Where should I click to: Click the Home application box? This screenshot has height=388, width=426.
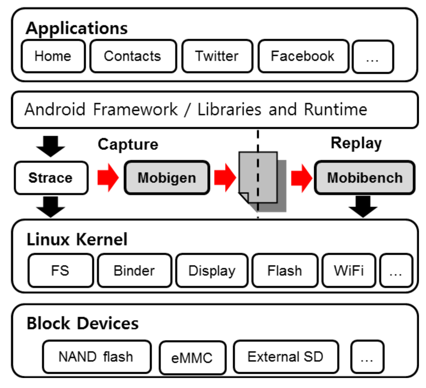point(53,56)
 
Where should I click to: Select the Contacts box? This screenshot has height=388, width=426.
point(133,56)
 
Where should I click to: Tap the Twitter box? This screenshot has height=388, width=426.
point(217,56)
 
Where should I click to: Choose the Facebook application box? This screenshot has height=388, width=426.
point(303,56)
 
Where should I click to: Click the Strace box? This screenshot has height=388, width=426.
point(51,178)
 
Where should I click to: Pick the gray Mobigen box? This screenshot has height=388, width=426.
point(167,178)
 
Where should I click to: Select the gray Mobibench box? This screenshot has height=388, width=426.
point(364,178)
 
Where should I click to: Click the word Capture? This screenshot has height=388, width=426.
point(128,145)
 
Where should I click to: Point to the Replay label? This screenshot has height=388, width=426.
point(356,143)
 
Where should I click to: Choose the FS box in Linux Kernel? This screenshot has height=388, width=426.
point(60,270)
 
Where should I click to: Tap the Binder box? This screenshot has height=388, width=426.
point(134,270)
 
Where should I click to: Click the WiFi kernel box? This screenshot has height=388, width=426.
point(348,270)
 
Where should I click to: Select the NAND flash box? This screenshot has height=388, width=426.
point(96,357)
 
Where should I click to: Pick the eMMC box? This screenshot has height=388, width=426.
point(192,358)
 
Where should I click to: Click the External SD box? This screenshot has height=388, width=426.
point(285,357)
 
